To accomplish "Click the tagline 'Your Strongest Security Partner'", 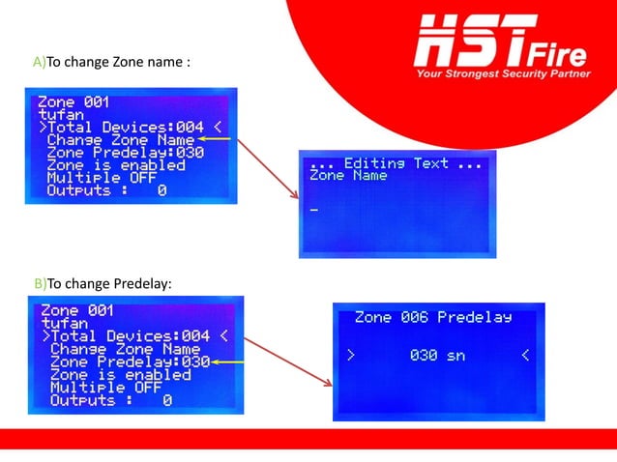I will [502, 73].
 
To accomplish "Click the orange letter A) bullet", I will [39, 63].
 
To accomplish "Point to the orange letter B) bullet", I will [39, 283].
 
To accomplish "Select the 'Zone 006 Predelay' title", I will [432, 317].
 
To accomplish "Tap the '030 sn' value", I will [437, 355].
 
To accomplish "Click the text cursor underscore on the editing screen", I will [314, 209].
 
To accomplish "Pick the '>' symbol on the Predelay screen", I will [351, 355].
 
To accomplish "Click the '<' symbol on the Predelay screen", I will [525, 355].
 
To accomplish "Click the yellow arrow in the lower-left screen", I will [228, 361].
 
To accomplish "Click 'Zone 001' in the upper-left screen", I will [73, 101].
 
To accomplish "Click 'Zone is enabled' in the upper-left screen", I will [115, 165].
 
